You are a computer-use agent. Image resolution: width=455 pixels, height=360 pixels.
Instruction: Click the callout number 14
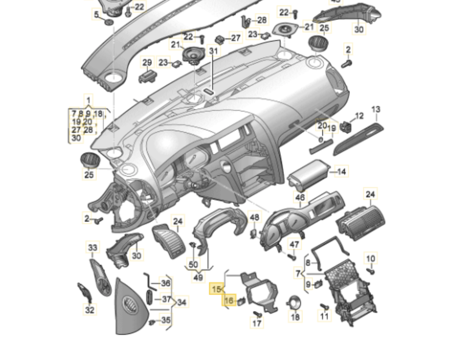[341, 172]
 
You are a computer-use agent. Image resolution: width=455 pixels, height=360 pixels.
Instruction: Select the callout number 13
[376, 109]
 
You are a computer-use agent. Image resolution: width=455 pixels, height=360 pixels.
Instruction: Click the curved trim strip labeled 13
[358, 140]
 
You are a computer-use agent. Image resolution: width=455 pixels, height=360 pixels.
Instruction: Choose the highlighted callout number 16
[229, 301]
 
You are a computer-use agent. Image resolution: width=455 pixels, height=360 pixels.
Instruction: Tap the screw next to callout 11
[324, 306]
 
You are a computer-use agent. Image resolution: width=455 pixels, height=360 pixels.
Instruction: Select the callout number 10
[371, 259]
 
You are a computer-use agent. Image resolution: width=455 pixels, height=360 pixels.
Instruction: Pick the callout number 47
[294, 244]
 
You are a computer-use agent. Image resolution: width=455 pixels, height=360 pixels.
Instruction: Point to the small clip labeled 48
[253, 233]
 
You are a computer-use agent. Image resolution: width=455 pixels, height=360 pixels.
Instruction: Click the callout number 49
[198, 277]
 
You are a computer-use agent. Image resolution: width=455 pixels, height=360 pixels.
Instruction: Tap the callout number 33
[92, 248]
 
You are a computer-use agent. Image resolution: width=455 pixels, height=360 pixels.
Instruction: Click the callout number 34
[182, 302]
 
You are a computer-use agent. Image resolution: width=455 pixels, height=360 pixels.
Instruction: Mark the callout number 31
[213, 51]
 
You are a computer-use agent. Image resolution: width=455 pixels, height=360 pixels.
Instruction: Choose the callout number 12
[359, 116]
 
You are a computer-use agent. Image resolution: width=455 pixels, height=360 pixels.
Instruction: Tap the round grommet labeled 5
[109, 20]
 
